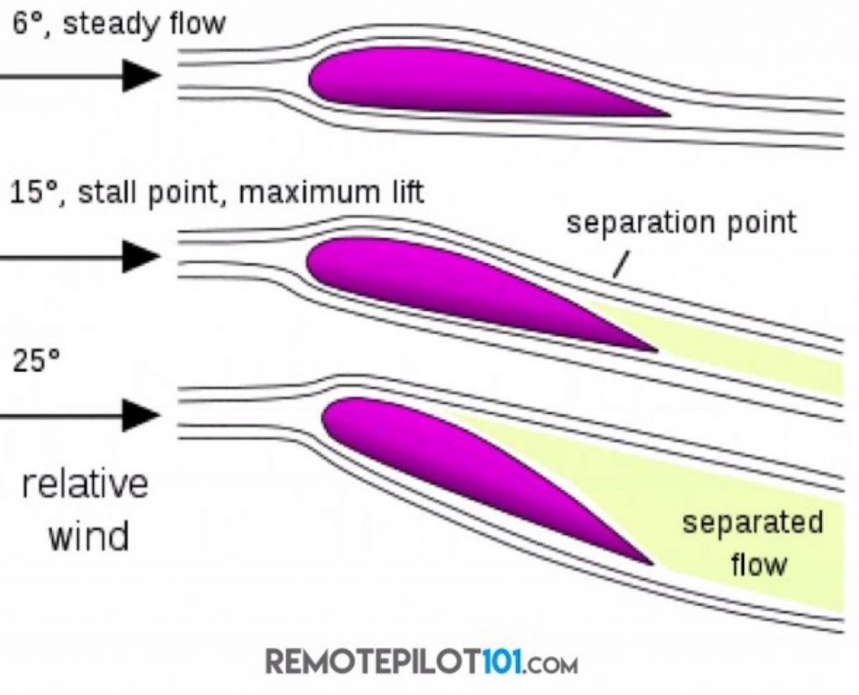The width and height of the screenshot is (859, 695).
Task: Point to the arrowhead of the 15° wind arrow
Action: [x=141, y=256]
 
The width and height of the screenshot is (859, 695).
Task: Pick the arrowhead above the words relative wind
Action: [x=141, y=415]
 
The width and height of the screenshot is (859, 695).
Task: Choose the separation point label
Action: [x=681, y=223]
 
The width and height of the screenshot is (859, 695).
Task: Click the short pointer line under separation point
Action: [x=620, y=266]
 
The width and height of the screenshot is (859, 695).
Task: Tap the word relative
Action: [x=86, y=485]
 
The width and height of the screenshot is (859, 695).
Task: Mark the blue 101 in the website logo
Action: [x=503, y=662]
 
